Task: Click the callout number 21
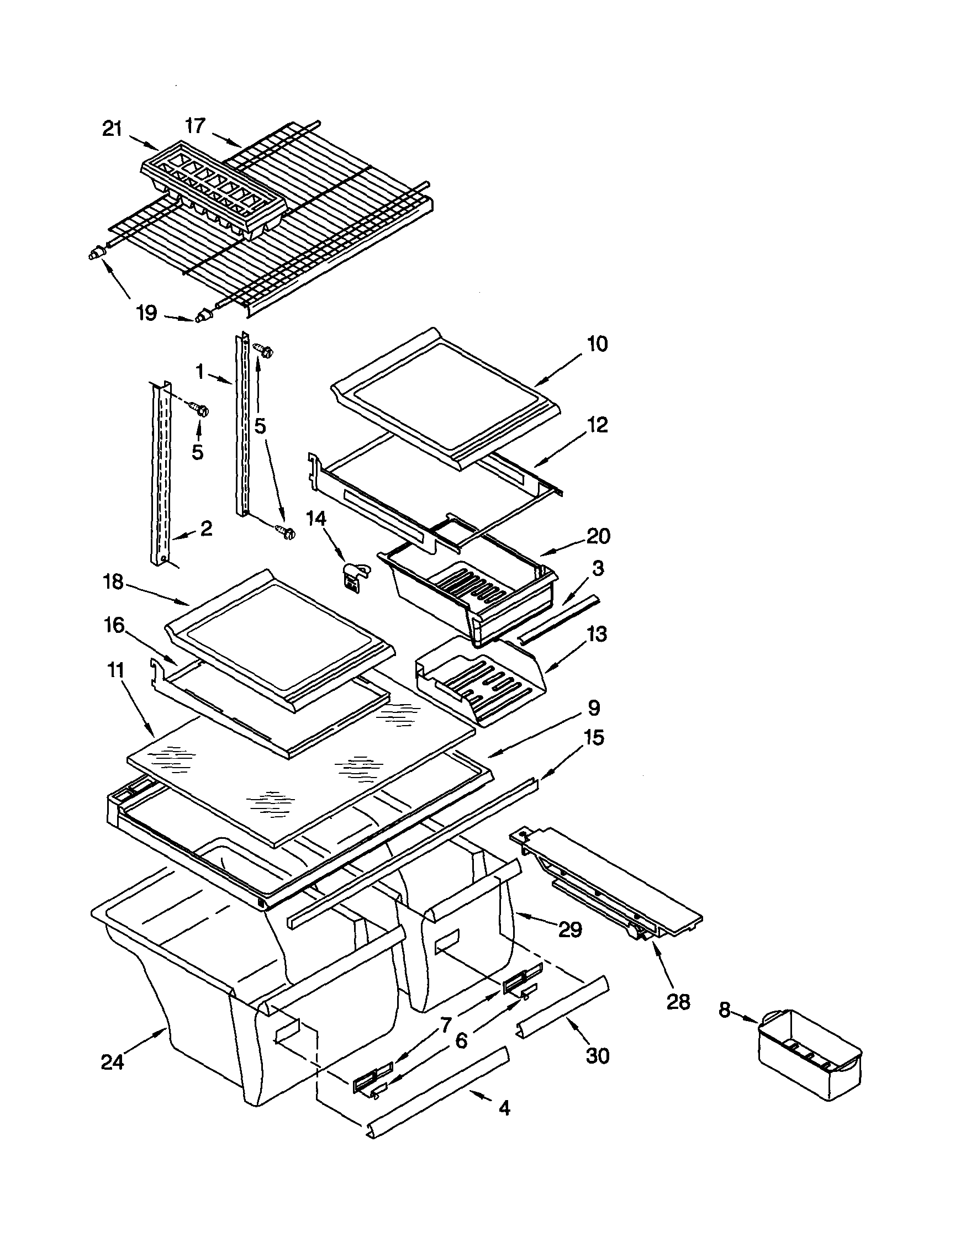112,129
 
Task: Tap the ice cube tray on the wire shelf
213,193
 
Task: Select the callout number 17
196,126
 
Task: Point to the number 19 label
147,313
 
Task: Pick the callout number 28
678,1001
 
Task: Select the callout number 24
112,1062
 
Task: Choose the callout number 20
598,536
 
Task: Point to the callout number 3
598,568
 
